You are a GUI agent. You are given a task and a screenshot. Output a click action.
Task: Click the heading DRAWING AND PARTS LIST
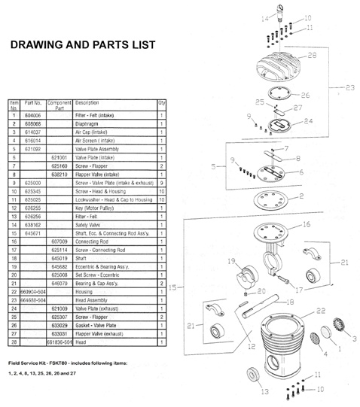(83, 45)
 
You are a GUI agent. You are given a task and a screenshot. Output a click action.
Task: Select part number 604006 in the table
(34, 114)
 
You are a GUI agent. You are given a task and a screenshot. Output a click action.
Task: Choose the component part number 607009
(60, 241)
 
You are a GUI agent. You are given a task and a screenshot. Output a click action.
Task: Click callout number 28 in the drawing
(312, 55)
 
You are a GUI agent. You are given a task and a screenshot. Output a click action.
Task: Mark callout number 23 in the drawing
(349, 88)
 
